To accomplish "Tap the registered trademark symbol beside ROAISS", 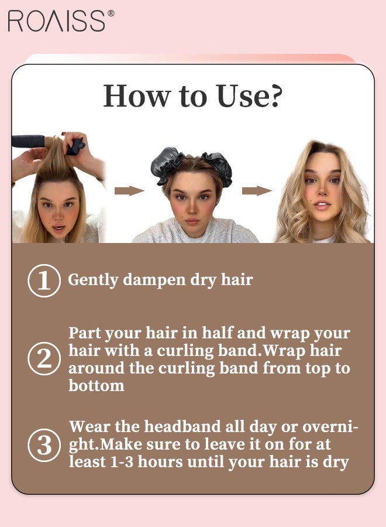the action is tap(111, 13).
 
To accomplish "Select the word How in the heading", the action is tap(137, 96).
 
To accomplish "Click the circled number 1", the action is tap(44, 280).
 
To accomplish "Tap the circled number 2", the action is tap(44, 358).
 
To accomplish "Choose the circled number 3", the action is tap(44, 445).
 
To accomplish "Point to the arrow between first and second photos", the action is tap(129, 190).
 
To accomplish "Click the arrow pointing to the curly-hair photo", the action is tap(257, 190).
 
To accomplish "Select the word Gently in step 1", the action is tap(93, 280).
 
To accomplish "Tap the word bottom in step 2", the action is tap(96, 385).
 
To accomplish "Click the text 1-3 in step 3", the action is tap(122, 462).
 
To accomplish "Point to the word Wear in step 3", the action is tap(89, 427).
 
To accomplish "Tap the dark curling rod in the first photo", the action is tap(28, 141).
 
